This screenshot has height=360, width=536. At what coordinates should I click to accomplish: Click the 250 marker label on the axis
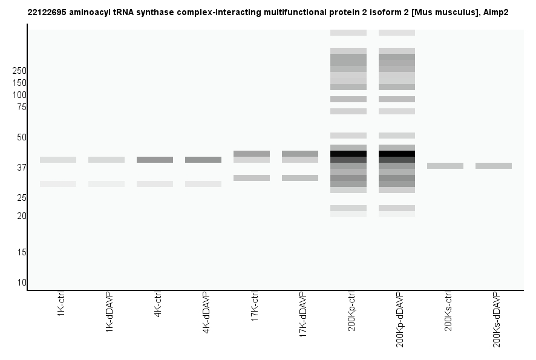19,71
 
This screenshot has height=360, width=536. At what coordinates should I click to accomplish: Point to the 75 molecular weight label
22,107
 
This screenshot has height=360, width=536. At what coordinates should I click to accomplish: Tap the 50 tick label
22,137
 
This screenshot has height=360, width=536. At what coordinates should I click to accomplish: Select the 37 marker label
22,168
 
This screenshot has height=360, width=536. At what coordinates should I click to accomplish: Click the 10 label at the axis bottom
22,283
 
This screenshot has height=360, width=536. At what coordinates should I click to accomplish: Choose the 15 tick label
22,252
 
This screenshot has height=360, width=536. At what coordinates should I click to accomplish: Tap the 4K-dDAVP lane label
206,313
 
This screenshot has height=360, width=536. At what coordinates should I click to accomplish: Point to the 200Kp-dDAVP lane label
400,319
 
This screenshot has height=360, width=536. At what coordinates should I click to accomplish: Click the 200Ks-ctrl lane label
448,310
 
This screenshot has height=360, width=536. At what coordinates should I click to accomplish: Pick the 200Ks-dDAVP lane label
497,319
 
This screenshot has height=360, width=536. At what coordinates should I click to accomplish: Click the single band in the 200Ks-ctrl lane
445,166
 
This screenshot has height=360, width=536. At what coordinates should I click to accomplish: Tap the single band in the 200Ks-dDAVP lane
494,166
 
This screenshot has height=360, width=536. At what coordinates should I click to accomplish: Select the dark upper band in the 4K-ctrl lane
155,160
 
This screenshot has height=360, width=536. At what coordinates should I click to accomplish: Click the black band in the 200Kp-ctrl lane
348,154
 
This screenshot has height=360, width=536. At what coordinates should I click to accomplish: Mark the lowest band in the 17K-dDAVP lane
300,178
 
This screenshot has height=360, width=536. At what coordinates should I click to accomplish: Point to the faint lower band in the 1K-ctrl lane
58,184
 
